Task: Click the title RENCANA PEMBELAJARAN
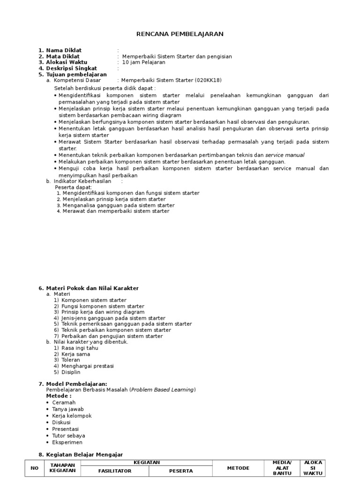(x=180, y=34)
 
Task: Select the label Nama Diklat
(x=63, y=50)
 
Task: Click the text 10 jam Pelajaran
(x=143, y=62)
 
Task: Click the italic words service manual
(x=285, y=155)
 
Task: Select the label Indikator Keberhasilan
(x=82, y=181)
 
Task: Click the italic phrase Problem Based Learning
(x=162, y=390)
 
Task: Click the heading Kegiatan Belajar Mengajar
(x=84, y=455)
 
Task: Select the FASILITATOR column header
(x=114, y=471)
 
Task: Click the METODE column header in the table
(x=238, y=468)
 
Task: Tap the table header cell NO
(x=35, y=468)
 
